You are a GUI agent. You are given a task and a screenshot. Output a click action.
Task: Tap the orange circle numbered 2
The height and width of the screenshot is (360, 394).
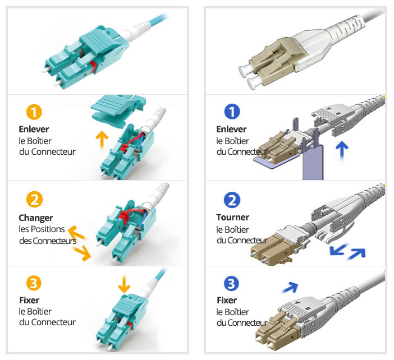pos(34,200)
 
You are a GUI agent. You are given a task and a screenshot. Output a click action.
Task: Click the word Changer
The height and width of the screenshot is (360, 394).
pos(36,218)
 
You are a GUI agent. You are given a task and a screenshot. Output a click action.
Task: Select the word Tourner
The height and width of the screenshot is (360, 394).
pos(232,217)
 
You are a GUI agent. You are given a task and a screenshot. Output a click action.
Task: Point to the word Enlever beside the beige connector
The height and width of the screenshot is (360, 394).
pos(231,129)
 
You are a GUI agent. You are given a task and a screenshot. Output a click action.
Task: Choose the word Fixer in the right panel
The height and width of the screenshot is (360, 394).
pos(227,300)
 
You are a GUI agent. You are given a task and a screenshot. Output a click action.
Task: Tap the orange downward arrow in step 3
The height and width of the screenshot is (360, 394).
pos(124,284)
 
